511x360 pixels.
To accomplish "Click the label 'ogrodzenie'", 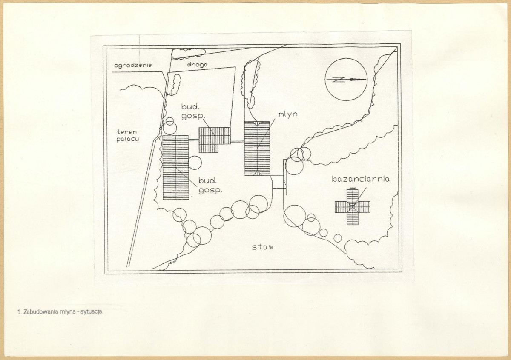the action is click(x=133, y=66).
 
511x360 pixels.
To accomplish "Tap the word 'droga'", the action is click(x=197, y=65).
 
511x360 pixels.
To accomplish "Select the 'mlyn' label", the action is click(x=288, y=114).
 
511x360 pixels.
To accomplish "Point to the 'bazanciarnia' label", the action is click(x=360, y=179).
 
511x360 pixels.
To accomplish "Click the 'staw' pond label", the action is click(x=263, y=247).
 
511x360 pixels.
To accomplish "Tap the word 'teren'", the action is click(x=126, y=132).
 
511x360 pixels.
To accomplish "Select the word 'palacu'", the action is click(x=127, y=139).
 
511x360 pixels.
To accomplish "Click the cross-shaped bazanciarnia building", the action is click(x=353, y=206).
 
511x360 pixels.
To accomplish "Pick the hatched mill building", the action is click(x=257, y=149).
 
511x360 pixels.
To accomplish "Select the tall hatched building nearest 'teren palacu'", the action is click(x=175, y=168).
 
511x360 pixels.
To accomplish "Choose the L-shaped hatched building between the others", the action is click(x=215, y=140).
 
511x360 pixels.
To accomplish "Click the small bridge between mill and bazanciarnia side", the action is click(x=278, y=182).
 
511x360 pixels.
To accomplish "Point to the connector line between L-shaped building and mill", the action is click(x=238, y=142).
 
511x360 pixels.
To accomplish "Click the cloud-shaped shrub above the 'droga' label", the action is click(x=188, y=53).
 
